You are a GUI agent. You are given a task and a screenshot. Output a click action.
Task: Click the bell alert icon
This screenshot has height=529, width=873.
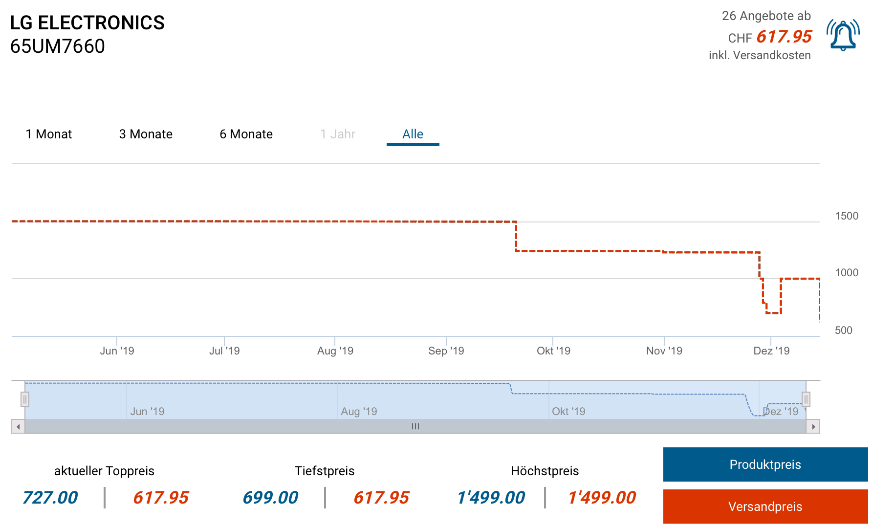pyautogui.click(x=843, y=35)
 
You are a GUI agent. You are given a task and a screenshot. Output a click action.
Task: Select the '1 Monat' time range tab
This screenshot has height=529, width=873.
pyautogui.click(x=49, y=134)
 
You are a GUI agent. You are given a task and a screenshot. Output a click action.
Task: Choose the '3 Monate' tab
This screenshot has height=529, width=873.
pyautogui.click(x=146, y=134)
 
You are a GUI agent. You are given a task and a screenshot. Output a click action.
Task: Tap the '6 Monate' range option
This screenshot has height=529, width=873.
pyautogui.click(x=246, y=134)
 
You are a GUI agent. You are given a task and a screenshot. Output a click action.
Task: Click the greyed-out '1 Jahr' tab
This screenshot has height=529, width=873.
pyautogui.click(x=337, y=134)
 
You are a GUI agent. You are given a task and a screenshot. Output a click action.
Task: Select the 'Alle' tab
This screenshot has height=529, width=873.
pyautogui.click(x=413, y=134)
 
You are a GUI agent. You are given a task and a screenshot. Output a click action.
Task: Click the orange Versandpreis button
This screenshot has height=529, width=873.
pyautogui.click(x=765, y=507)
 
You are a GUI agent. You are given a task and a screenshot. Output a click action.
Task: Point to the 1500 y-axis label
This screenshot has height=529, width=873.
pyautogui.click(x=847, y=216)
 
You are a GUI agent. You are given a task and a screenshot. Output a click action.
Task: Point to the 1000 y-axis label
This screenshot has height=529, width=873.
pyautogui.click(x=847, y=273)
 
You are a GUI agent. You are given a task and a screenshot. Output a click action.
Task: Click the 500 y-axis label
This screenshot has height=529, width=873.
pyautogui.click(x=843, y=331)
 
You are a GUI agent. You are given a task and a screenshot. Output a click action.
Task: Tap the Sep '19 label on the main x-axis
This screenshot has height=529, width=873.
pyautogui.click(x=446, y=351)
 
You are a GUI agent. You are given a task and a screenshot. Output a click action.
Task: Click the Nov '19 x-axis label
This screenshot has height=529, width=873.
pyautogui.click(x=664, y=351)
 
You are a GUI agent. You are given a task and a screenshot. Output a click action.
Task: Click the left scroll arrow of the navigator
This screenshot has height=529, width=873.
pyautogui.click(x=18, y=427)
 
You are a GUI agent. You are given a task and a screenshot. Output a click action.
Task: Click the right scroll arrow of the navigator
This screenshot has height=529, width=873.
pyautogui.click(x=813, y=427)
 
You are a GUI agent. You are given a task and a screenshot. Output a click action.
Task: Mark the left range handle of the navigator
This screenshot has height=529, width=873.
pyautogui.click(x=25, y=399)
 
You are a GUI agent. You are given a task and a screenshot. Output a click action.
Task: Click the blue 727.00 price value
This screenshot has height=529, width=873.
pyautogui.click(x=50, y=498)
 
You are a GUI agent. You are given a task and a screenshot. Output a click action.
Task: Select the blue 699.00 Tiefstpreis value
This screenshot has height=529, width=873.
pyautogui.click(x=270, y=498)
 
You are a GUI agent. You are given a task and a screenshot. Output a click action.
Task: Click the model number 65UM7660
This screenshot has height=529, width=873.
pyautogui.click(x=58, y=46)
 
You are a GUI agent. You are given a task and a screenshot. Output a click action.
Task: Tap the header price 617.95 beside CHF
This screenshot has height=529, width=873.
pyautogui.click(x=784, y=37)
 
